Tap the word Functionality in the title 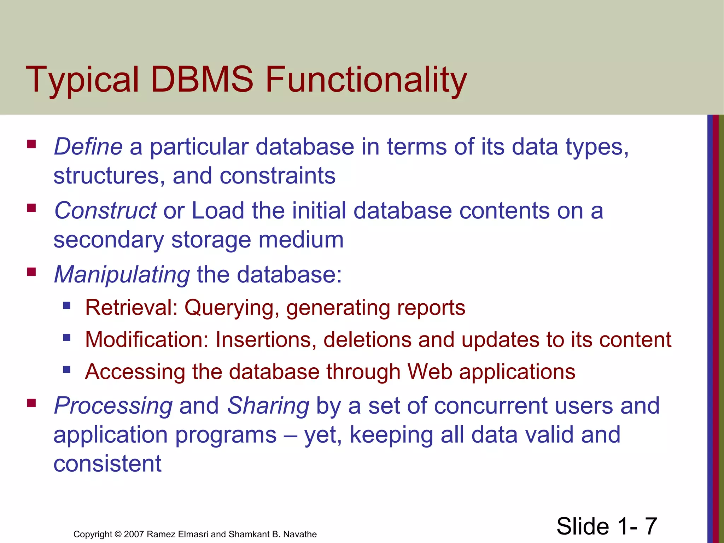point(366,81)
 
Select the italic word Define point(88,146)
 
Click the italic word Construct point(105,210)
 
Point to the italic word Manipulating point(122,275)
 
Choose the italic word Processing point(113,405)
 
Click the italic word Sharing point(268,405)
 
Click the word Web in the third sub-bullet point(429,372)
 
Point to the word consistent point(107,463)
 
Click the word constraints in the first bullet point(278,176)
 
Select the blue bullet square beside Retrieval point(67,305)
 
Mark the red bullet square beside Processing point(31,403)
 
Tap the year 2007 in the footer point(134,534)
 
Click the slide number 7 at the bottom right point(651,526)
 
